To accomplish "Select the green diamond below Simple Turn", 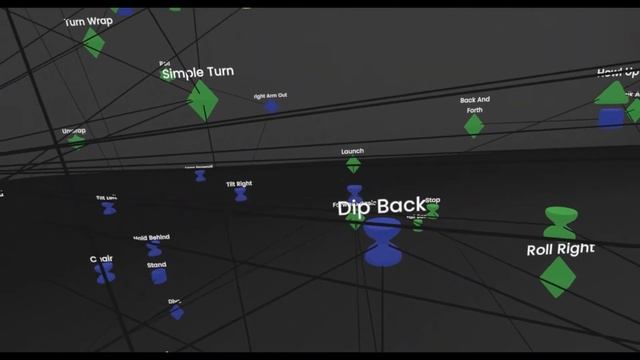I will click(203, 100).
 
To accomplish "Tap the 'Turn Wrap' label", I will click(89, 21).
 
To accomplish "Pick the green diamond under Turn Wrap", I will click(93, 42).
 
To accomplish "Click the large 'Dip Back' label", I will click(381, 207).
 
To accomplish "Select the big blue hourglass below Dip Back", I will click(382, 242).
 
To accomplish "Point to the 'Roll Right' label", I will click(560, 249).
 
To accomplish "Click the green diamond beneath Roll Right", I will click(557, 276).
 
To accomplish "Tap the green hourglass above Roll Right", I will click(560, 221).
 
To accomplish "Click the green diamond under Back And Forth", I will click(474, 124).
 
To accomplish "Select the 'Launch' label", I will click(352, 152).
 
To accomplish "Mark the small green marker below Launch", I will click(353, 165).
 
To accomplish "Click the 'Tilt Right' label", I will click(238, 184).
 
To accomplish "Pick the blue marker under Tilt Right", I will click(240, 195).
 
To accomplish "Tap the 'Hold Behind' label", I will click(152, 238).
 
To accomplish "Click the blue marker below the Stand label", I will click(158, 275).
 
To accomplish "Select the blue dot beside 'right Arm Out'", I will click(271, 106).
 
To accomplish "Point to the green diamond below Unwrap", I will click(76, 141).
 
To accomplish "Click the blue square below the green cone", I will click(611, 118).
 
